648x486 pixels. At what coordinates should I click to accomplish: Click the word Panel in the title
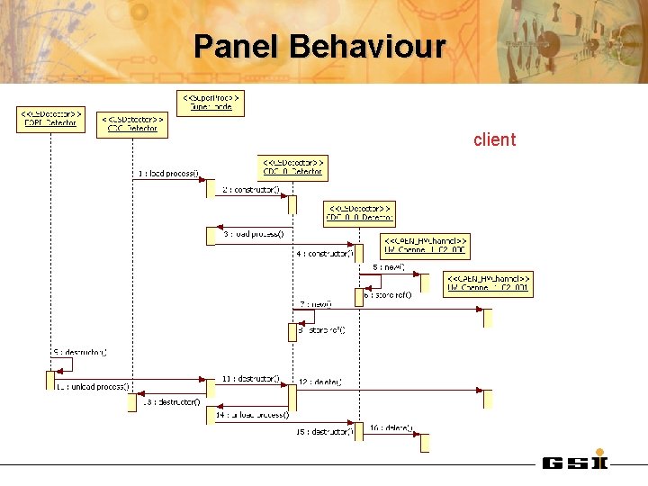[237, 46]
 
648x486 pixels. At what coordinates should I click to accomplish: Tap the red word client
[494, 139]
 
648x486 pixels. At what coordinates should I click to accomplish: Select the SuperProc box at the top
[210, 102]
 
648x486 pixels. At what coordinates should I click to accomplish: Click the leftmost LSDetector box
[50, 120]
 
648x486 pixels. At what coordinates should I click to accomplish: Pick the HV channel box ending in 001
[488, 284]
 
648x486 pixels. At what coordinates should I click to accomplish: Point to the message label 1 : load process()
[168, 174]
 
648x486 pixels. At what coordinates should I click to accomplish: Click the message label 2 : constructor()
[251, 190]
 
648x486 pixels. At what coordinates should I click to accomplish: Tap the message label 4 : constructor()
[325, 254]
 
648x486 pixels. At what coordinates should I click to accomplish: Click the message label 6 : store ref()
[387, 294]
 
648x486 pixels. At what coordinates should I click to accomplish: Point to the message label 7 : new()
[316, 304]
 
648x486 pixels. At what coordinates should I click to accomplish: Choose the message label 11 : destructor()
[248, 379]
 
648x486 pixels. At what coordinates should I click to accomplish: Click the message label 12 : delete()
[320, 382]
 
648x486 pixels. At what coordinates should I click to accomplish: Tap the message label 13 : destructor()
[172, 401]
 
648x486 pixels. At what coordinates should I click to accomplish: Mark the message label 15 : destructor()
[325, 432]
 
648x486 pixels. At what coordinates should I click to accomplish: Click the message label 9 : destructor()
[80, 352]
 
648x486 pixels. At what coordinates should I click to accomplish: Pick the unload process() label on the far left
[93, 386]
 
